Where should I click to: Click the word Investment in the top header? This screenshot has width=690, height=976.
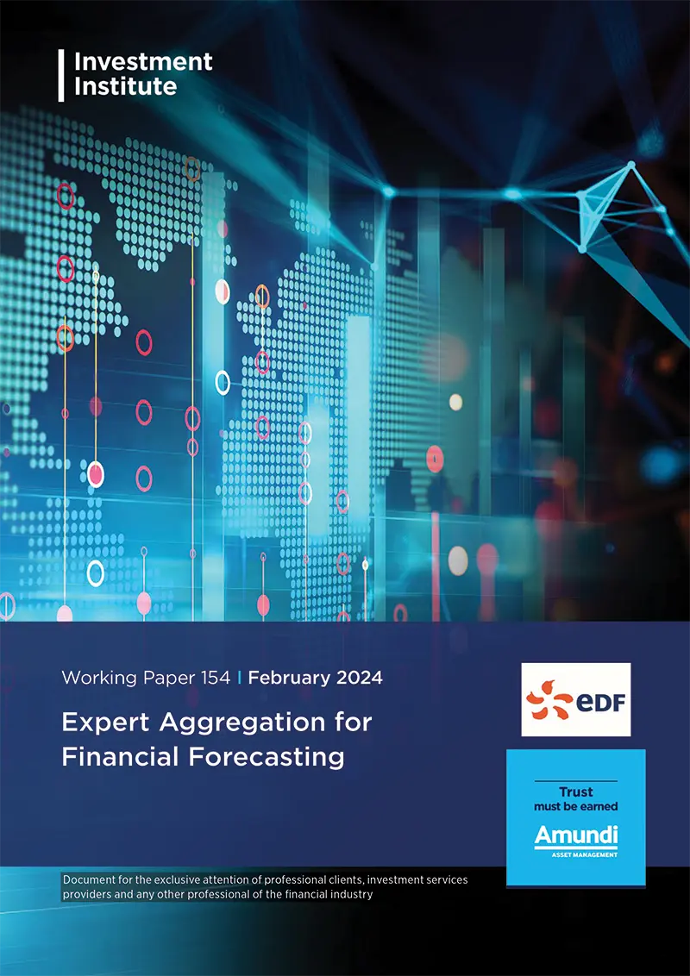pyautogui.click(x=143, y=62)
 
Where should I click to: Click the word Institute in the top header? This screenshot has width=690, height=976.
pyautogui.click(x=126, y=86)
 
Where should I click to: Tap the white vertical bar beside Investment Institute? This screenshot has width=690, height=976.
pyautogui.click(x=61, y=75)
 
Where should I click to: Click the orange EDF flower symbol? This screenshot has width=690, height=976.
pyautogui.click(x=551, y=699)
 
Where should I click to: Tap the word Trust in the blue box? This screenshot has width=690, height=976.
pyautogui.click(x=576, y=792)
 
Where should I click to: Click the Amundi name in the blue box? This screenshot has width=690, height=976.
pyautogui.click(x=576, y=835)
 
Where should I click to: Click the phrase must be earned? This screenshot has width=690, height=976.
pyautogui.click(x=576, y=806)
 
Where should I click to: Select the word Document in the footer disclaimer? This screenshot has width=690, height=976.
pyautogui.click(x=94, y=879)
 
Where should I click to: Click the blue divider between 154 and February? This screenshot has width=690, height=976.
pyautogui.click(x=240, y=678)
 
